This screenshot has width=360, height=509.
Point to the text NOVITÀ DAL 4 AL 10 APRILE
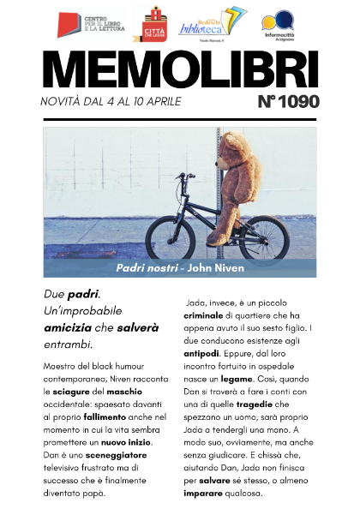coord(111,103)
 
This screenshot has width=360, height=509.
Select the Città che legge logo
coord(154,24)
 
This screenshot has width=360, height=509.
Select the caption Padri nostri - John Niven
coord(180,268)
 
